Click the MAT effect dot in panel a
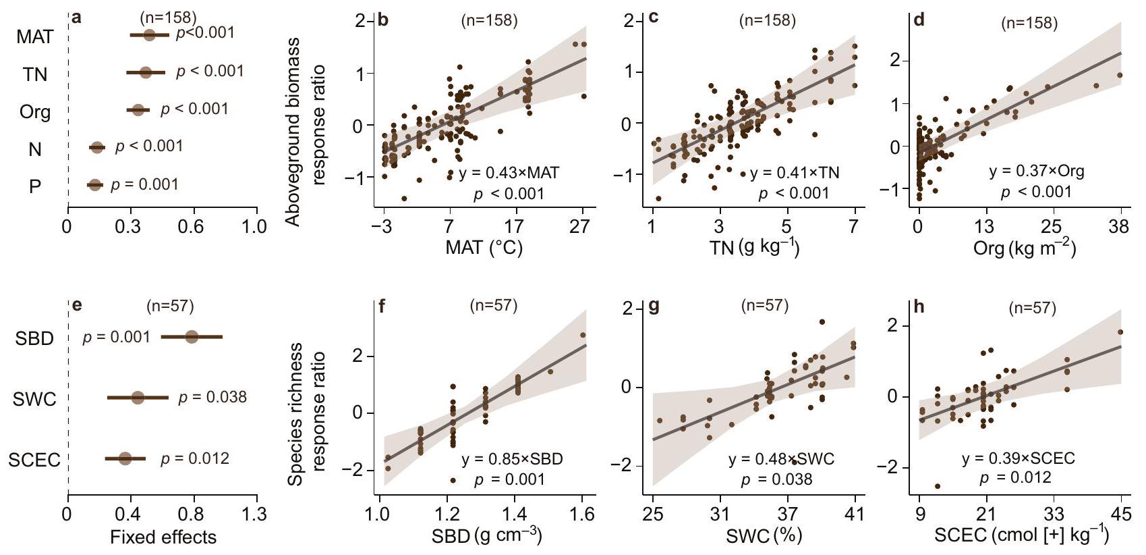coord(149,34)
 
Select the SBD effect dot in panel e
coord(192,336)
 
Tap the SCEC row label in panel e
coord(34,460)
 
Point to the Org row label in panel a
coord(35,111)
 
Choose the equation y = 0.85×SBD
coord(512,460)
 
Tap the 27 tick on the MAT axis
coord(579,226)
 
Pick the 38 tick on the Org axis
coord(1118,226)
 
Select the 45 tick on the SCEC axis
coord(1120,514)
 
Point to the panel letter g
coord(653,307)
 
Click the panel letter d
coord(919,20)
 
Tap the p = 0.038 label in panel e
coord(212,397)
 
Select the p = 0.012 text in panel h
coord(1015,477)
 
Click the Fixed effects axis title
coord(163,537)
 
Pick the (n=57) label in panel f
coord(493,306)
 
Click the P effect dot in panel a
coord(94,184)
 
